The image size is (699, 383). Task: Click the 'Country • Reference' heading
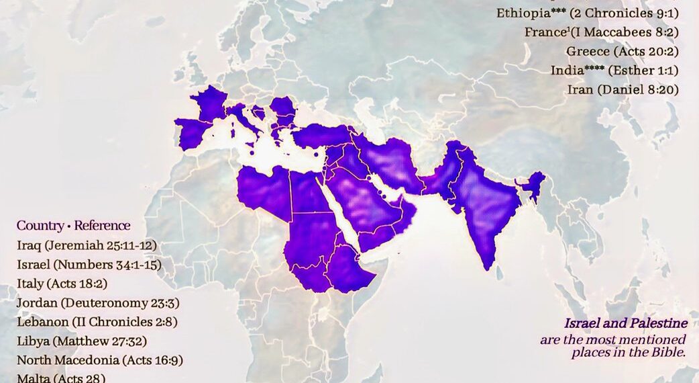click(74, 226)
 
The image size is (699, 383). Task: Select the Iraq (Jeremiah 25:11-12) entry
click(87, 245)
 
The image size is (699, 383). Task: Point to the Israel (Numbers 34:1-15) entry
click(89, 264)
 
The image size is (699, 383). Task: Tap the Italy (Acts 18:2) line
click(62, 284)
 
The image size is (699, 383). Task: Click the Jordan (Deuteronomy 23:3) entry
click(98, 302)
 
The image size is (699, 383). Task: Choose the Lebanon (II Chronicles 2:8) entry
click(97, 322)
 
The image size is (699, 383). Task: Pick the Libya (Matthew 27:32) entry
click(82, 341)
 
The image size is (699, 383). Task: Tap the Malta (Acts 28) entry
click(61, 378)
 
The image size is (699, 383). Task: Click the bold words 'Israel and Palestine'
click(625, 323)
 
